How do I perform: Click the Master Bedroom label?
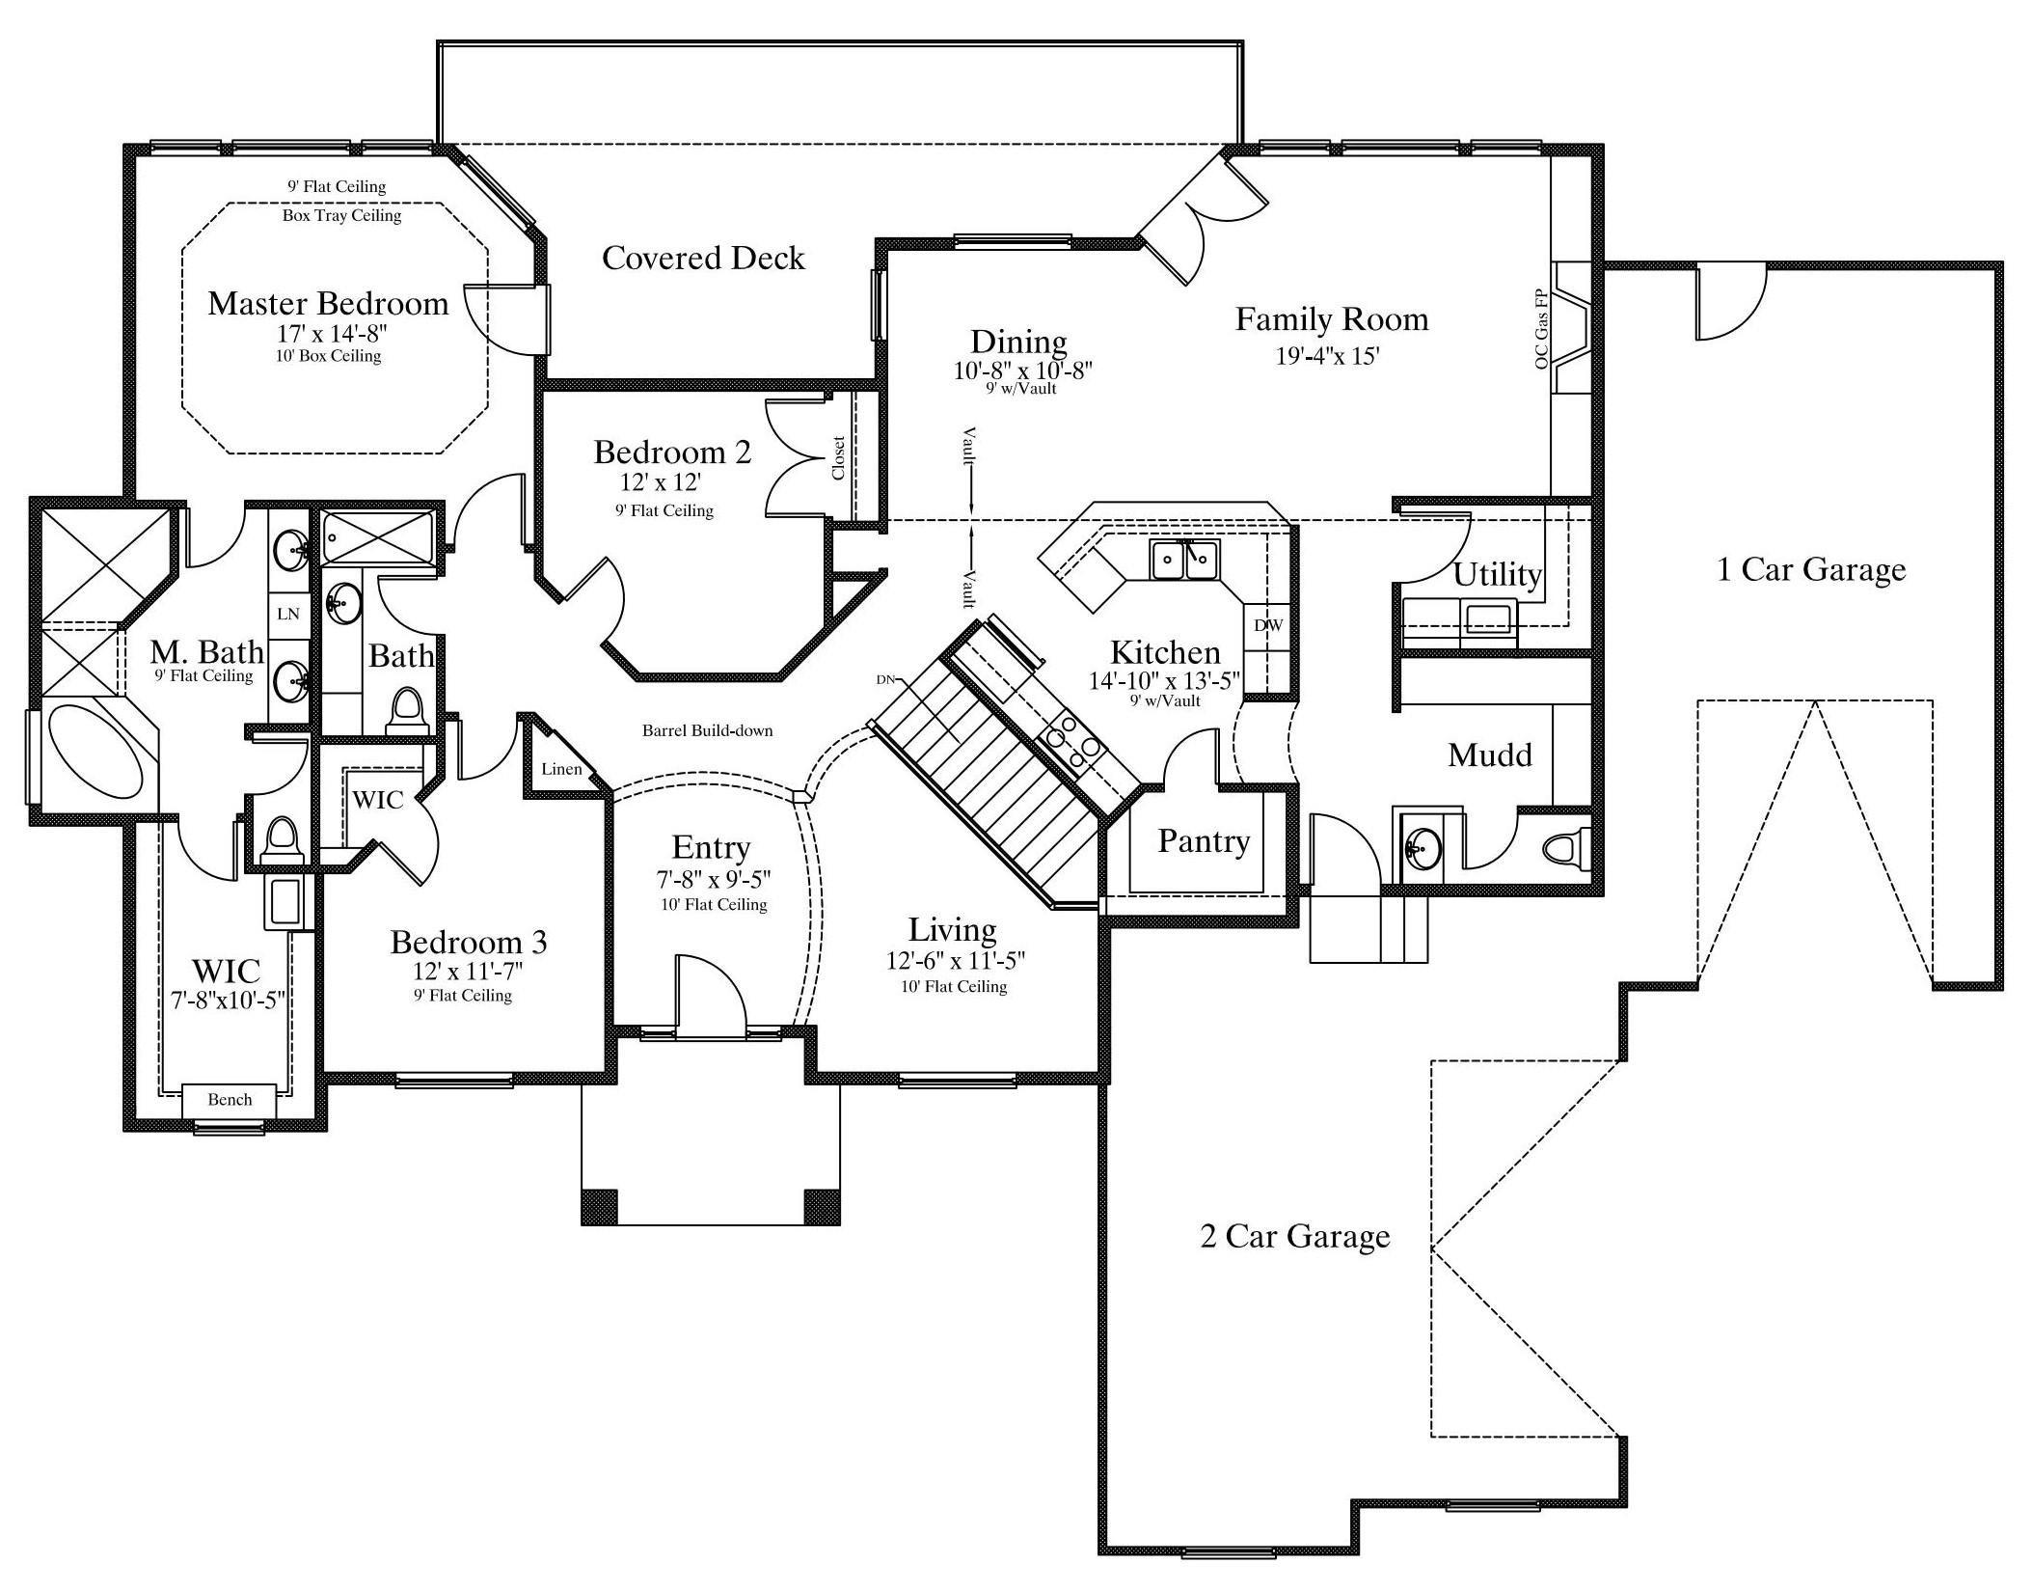tap(328, 304)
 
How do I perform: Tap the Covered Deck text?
tap(703, 258)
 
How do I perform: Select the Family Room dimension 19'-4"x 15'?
tap(1328, 356)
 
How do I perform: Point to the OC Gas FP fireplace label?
tap(1541, 328)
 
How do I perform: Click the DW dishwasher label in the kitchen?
tap(1268, 625)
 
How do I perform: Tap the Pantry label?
tap(1204, 841)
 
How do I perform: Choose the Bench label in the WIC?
tap(230, 1100)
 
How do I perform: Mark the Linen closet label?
tap(561, 769)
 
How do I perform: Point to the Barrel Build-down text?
tap(707, 730)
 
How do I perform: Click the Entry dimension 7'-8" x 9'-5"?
tap(714, 880)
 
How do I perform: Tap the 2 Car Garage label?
tap(1294, 1236)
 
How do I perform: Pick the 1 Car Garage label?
tap(1811, 569)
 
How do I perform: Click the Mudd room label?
tap(1490, 754)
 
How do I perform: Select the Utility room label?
tap(1498, 575)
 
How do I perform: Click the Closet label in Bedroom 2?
tap(838, 457)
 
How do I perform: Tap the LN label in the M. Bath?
tap(287, 614)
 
